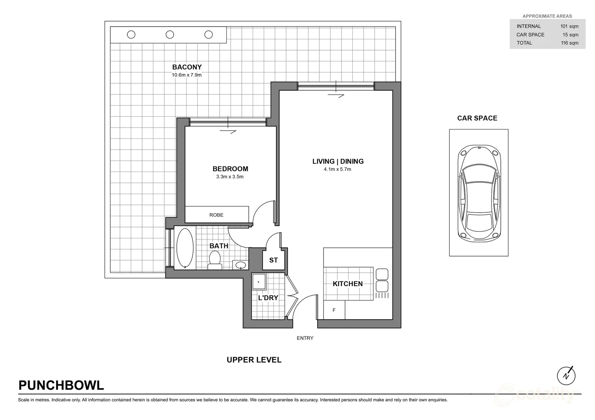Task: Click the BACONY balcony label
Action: (x=187, y=67)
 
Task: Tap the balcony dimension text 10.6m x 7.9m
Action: (x=187, y=75)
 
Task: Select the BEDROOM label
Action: (x=230, y=169)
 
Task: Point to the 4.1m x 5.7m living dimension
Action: (x=337, y=169)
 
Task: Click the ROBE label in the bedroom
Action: (x=216, y=215)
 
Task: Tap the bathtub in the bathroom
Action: (x=185, y=248)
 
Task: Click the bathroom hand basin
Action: (x=241, y=265)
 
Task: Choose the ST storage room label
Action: (x=273, y=260)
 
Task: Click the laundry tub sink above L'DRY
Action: (x=259, y=282)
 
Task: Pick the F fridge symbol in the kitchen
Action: (x=334, y=310)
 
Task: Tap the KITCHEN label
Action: (x=348, y=284)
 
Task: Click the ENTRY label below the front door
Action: (x=305, y=338)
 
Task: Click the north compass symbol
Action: (x=566, y=376)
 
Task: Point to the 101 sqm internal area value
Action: (x=569, y=26)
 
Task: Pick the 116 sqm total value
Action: (x=570, y=43)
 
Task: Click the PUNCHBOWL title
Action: (x=61, y=385)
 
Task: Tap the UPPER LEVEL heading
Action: (x=254, y=360)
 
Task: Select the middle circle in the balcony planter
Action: (x=170, y=35)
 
